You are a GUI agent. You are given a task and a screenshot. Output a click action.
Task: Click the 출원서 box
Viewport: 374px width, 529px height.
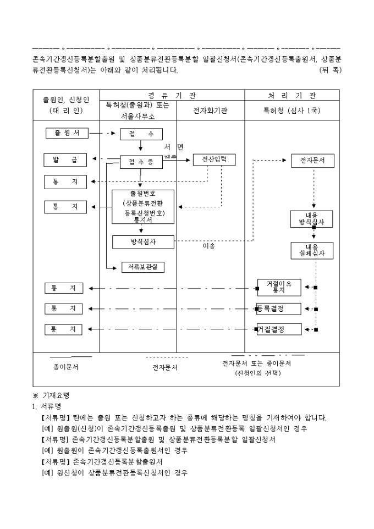(x=67, y=133)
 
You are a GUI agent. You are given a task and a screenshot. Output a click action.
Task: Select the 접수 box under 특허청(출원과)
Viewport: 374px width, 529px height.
(x=141, y=134)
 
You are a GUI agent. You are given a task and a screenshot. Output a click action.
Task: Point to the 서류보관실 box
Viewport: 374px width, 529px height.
(x=142, y=267)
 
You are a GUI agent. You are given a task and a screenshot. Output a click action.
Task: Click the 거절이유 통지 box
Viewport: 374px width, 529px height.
(x=279, y=286)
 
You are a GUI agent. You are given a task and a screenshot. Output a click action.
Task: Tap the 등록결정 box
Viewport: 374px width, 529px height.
(x=279, y=308)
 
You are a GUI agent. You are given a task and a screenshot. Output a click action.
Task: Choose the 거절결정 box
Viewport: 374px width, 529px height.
(x=279, y=329)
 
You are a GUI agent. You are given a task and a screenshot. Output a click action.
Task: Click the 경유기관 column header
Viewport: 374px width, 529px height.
(x=172, y=95)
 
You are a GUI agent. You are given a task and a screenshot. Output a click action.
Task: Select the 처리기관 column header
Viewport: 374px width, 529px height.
(x=291, y=95)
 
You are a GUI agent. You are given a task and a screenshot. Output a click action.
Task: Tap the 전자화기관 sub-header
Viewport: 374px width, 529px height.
(x=210, y=111)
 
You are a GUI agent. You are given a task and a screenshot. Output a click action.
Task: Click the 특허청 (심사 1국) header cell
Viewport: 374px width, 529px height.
(x=291, y=111)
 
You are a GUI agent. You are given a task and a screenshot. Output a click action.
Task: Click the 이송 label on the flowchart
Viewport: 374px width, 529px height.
(x=209, y=246)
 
